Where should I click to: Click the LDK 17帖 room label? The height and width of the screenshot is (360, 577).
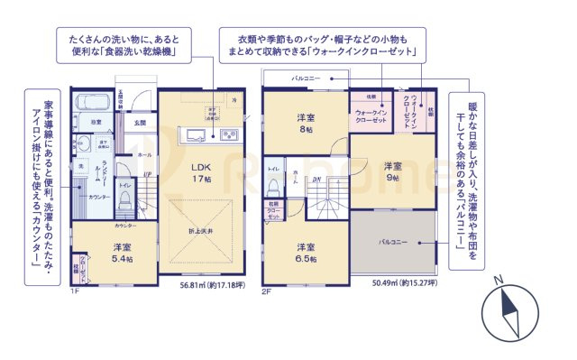pyautogui.click(x=199, y=172)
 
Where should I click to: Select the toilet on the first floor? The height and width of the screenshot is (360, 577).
pyautogui.click(x=125, y=201)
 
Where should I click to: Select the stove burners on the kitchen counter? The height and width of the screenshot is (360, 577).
pyautogui.click(x=227, y=136)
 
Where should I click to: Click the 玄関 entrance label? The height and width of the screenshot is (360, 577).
pyautogui.click(x=140, y=122)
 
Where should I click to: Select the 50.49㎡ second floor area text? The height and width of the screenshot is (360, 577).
pyautogui.click(x=405, y=283)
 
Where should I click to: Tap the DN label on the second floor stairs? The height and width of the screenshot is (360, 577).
pyautogui.click(x=316, y=179)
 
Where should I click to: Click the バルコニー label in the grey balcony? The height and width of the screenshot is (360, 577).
pyautogui.click(x=393, y=243)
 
